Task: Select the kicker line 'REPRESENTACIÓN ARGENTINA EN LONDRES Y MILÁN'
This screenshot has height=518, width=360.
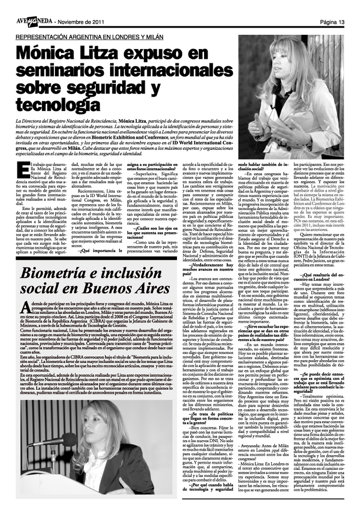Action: tap(89, 37)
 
